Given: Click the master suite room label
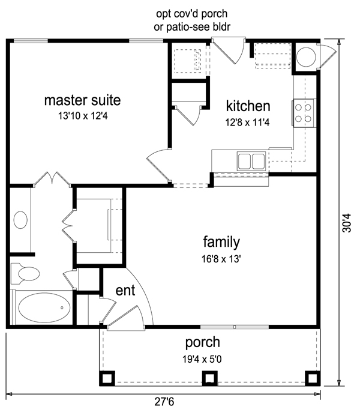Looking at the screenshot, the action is click(x=82, y=100).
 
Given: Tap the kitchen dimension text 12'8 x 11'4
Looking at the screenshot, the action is click(x=247, y=123).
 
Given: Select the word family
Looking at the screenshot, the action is click(x=221, y=242).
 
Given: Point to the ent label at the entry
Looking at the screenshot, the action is click(x=125, y=290).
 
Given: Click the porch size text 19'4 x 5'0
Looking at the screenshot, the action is click(x=202, y=359).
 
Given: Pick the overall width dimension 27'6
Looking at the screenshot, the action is click(x=164, y=402).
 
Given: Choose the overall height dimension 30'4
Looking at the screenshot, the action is click(x=347, y=223).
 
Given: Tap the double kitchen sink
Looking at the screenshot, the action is click(x=251, y=161).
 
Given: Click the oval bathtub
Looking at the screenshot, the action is click(x=44, y=307).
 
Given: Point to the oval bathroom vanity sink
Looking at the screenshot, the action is click(x=20, y=220).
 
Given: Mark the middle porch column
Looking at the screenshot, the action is click(x=209, y=378).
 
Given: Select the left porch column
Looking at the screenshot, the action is click(x=107, y=378).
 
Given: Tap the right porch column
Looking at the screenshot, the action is click(x=313, y=378).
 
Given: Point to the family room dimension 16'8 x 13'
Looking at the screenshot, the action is click(x=221, y=259).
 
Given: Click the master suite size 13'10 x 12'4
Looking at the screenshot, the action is click(x=83, y=116).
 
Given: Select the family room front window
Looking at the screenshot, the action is click(x=235, y=327).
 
